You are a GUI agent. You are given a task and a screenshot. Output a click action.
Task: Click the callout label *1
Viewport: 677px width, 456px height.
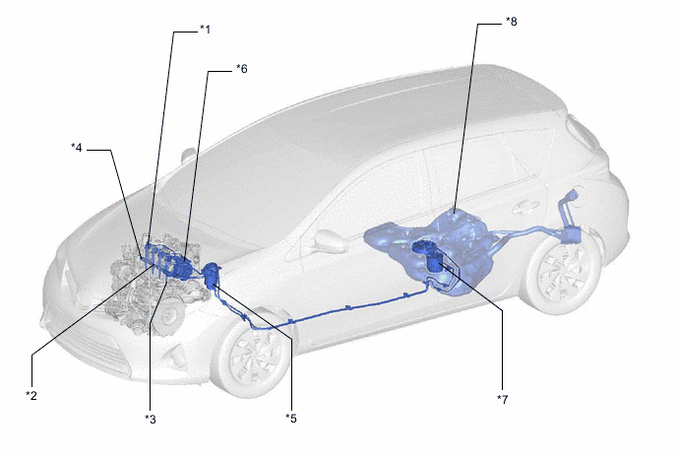click(205, 30)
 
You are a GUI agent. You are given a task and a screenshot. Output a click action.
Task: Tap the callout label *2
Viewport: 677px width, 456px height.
click(31, 395)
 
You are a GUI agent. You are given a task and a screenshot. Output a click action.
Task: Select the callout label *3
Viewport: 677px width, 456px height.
click(151, 419)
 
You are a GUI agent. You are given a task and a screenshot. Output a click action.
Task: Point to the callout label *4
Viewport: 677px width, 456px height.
click(77, 148)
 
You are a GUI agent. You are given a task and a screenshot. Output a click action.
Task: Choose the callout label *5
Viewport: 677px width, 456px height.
click(291, 418)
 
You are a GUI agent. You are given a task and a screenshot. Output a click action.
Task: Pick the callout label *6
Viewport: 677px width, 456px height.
click(242, 69)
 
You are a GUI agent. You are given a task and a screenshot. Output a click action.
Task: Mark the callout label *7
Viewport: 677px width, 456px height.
click(503, 399)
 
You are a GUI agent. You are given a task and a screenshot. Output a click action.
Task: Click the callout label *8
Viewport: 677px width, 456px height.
click(512, 22)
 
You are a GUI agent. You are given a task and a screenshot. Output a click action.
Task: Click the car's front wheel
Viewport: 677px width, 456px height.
click(251, 356)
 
